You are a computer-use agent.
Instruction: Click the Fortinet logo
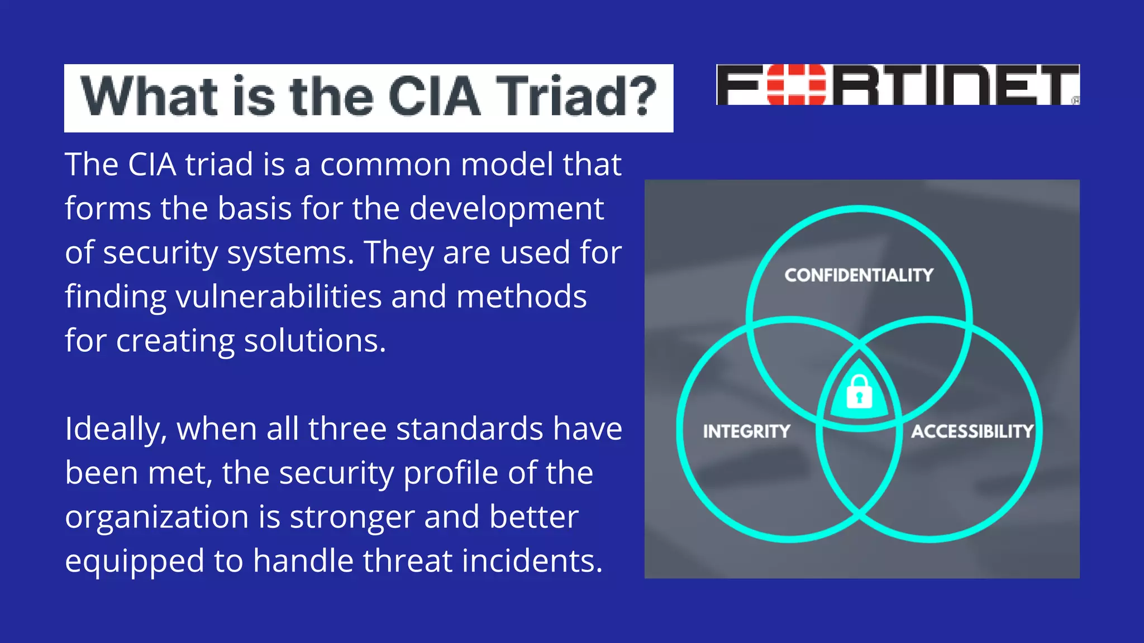898,85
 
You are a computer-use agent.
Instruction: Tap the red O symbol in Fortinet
796,85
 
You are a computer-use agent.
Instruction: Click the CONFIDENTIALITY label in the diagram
859,275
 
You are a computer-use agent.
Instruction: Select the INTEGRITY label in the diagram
746,431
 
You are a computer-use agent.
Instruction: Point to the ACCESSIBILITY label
972,431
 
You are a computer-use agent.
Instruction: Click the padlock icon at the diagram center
859,392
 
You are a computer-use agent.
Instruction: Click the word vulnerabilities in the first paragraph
279,297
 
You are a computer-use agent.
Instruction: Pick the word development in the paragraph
506,209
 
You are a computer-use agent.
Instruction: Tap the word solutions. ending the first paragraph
315,341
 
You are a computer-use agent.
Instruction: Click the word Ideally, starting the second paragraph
116,430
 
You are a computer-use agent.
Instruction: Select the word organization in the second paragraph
156,517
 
